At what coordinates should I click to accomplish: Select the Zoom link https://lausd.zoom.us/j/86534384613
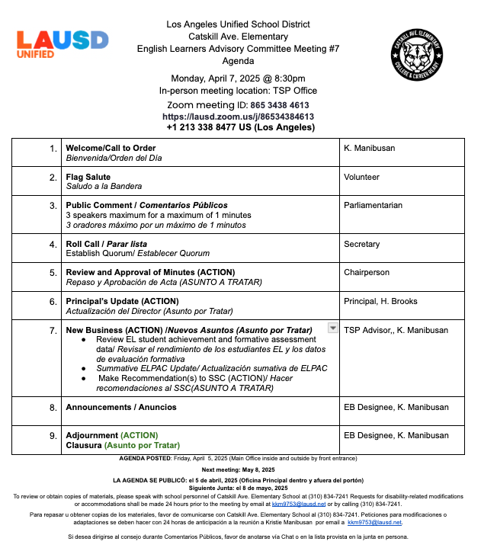pos(238,117)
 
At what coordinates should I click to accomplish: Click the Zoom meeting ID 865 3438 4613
pos(281,105)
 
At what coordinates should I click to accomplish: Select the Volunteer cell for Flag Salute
pos(362,177)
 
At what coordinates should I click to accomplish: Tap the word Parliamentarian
pos(374,206)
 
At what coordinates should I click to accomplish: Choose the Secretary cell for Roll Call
pos(362,244)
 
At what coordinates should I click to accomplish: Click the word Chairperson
pos(367,272)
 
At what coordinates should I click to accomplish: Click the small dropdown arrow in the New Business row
pos(332,328)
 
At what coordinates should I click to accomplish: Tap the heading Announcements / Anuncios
pos(121,408)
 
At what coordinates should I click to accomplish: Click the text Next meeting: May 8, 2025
pos(239,470)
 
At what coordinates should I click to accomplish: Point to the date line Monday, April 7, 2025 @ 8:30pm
pos(238,78)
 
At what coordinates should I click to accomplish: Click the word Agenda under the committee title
pos(238,60)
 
